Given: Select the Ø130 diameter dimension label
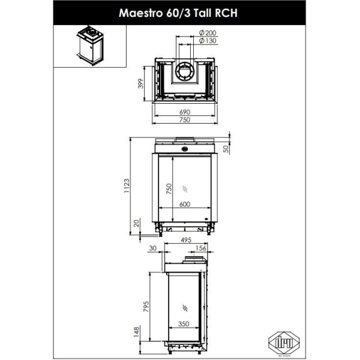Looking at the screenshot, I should [207, 41].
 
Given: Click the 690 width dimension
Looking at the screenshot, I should [184, 112].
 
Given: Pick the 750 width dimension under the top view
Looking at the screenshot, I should [184, 121].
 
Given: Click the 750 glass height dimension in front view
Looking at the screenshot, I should [169, 189].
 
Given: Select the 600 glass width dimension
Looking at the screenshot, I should [184, 204].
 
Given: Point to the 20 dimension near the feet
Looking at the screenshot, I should [136, 223].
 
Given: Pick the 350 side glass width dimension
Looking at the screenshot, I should [185, 325].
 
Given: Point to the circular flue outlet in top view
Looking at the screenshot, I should [184, 72].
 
